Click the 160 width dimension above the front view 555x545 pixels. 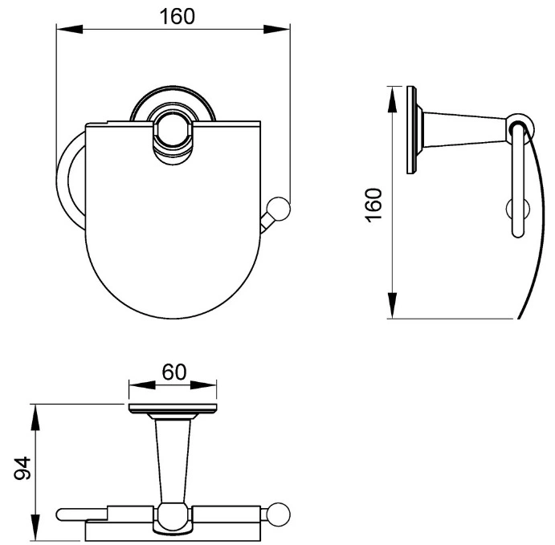(x=177, y=17)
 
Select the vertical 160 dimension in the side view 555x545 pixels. (x=373, y=205)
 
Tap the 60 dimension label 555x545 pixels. (x=173, y=372)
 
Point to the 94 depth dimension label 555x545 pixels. (x=22, y=468)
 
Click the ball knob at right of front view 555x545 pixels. (x=278, y=209)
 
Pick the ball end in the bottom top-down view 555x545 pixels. (x=279, y=514)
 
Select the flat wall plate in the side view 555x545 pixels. (x=411, y=130)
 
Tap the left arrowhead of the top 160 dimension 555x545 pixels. (x=70, y=30)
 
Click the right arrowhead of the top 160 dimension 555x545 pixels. (x=277, y=30)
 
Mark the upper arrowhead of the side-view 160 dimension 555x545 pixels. (x=392, y=100)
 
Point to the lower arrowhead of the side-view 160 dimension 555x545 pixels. (x=392, y=306)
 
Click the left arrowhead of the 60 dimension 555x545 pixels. (x=142, y=384)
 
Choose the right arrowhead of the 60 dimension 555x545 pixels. (x=203, y=384)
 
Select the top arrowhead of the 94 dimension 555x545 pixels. (x=35, y=417)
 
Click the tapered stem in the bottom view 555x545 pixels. (x=173, y=460)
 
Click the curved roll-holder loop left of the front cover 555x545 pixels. (x=67, y=181)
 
